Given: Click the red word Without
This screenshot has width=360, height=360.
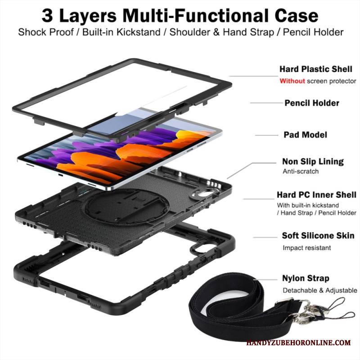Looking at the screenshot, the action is coord(292,81).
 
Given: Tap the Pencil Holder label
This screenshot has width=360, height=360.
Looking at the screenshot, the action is coord(312,103).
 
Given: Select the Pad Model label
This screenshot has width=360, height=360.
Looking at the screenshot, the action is coord(306,135).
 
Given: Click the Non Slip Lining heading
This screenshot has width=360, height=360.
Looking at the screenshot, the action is coord(313,162).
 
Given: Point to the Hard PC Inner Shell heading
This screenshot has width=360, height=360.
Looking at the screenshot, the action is coord(316,195).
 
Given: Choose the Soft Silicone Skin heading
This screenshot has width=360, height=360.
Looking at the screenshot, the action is coord(318,235).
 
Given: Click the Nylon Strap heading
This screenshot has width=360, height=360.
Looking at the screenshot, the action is coord(306,278).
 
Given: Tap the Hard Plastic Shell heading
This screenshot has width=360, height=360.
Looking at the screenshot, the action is coord(316,69).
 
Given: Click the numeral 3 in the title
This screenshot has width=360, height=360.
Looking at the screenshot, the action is coord(47,16).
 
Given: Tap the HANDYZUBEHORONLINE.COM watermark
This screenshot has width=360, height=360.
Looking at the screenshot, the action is coord(298,343).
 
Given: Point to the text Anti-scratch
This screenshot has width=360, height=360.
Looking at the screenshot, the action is coord(301,171).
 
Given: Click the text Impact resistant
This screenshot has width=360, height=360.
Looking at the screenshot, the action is coord(307,248).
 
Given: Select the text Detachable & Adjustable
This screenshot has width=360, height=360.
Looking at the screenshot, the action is coord(320,290).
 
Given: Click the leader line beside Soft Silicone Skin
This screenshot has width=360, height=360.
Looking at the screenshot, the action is coord(265,238).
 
